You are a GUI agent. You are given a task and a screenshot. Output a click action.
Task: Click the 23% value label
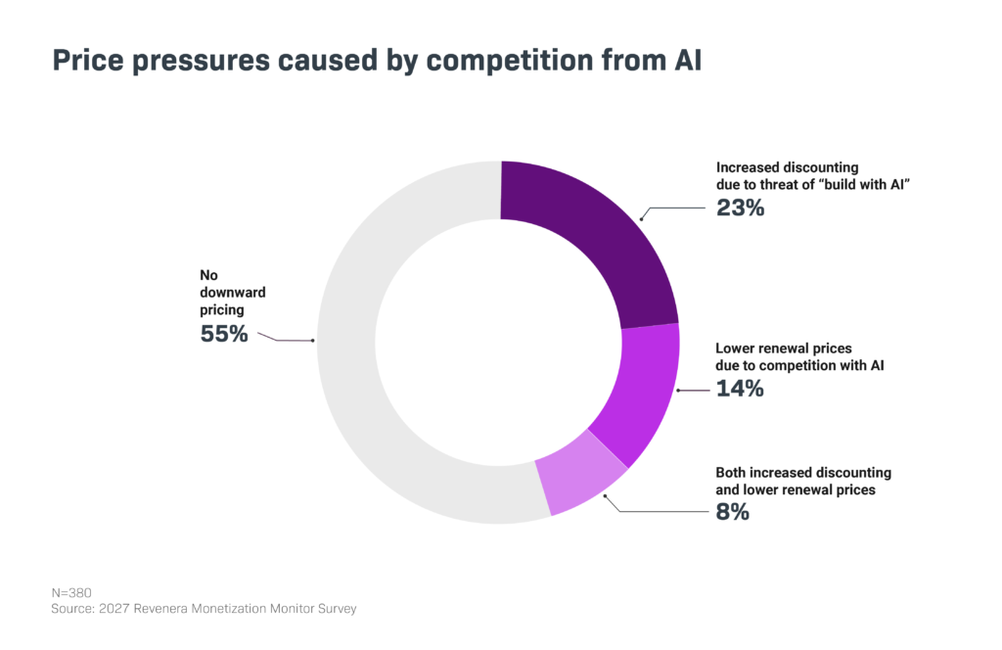coord(740,208)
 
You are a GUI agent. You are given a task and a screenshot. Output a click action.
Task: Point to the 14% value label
coord(740,389)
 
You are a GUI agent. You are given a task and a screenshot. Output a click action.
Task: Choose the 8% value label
coord(732,512)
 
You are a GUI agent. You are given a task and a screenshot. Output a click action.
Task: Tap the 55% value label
coord(224,334)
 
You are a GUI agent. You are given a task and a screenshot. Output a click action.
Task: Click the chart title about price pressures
coord(377,61)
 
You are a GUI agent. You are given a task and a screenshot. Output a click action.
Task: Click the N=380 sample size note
coord(71,593)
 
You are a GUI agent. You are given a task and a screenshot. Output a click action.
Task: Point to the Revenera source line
coord(204,609)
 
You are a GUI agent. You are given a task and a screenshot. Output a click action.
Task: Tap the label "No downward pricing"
coord(233,292)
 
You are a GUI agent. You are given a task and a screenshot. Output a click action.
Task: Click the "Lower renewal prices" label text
coord(784,348)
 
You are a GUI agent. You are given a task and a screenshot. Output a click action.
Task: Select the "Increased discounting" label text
coord(788,167)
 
